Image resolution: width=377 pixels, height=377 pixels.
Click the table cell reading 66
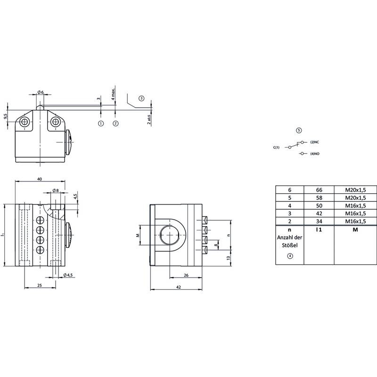[319, 190]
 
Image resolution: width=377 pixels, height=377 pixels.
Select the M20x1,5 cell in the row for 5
[355, 198]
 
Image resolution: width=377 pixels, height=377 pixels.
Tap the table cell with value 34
[319, 221]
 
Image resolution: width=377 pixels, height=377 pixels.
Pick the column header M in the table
[355, 229]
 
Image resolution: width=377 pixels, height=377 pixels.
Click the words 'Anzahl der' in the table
[289, 238]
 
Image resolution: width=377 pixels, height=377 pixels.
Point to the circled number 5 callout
[299, 131]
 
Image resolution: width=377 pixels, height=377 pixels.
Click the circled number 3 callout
[141, 98]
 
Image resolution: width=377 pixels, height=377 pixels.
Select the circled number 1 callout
[101, 123]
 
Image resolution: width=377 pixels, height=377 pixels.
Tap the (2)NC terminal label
[314, 142]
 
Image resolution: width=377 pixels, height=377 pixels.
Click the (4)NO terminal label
[315, 154]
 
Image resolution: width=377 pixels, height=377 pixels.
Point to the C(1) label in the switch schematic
[276, 148]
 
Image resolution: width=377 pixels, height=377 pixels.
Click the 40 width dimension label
[40, 179]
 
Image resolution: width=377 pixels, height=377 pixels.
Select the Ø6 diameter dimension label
[41, 92]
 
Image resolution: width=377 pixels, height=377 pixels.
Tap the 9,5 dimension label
[6, 116]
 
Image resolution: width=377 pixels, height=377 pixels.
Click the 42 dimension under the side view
[179, 287]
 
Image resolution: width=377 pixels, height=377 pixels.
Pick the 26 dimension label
[186, 275]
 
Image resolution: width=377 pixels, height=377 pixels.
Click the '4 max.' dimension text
[113, 94]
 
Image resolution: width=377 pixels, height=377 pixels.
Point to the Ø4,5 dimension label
[68, 275]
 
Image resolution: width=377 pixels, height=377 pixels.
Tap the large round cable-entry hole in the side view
[170, 235]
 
